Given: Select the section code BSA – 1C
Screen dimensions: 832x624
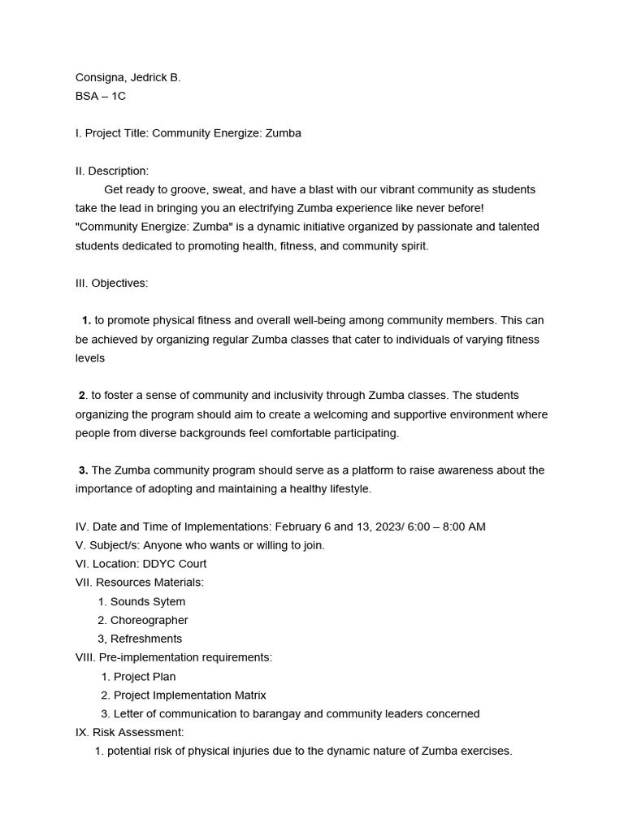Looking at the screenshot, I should click(x=101, y=96).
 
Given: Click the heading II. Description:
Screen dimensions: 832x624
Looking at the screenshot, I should click(x=112, y=171).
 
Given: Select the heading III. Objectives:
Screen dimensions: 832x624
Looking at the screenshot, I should click(x=112, y=283).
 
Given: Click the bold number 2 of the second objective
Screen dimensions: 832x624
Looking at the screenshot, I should click(x=82, y=396).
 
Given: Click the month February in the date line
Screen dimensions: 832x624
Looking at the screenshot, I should click(x=301, y=526).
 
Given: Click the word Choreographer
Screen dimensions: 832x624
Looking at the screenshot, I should click(x=149, y=620).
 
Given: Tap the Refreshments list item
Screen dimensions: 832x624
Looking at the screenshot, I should click(x=146, y=639).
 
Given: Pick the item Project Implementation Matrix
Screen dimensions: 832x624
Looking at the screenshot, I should click(x=189, y=695).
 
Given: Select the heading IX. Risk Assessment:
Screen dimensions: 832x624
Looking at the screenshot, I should click(x=130, y=733).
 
